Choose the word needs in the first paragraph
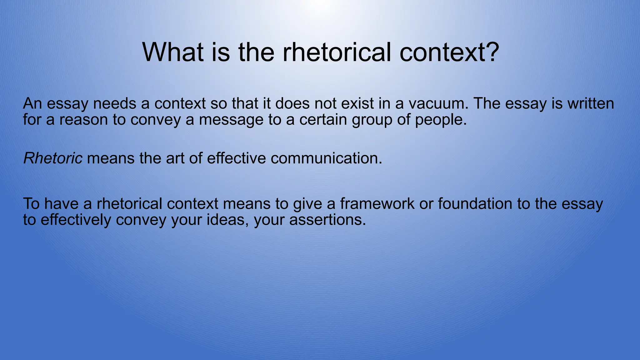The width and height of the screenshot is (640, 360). coord(115,104)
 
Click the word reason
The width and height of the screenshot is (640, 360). coord(83,120)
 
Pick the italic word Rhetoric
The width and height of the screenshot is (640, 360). coord(53,158)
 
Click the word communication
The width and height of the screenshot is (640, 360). coord(326,158)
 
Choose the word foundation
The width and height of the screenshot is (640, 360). coord(475,204)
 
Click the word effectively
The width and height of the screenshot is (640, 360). coord(76,220)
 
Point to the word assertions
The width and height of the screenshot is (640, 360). coord(327,220)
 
